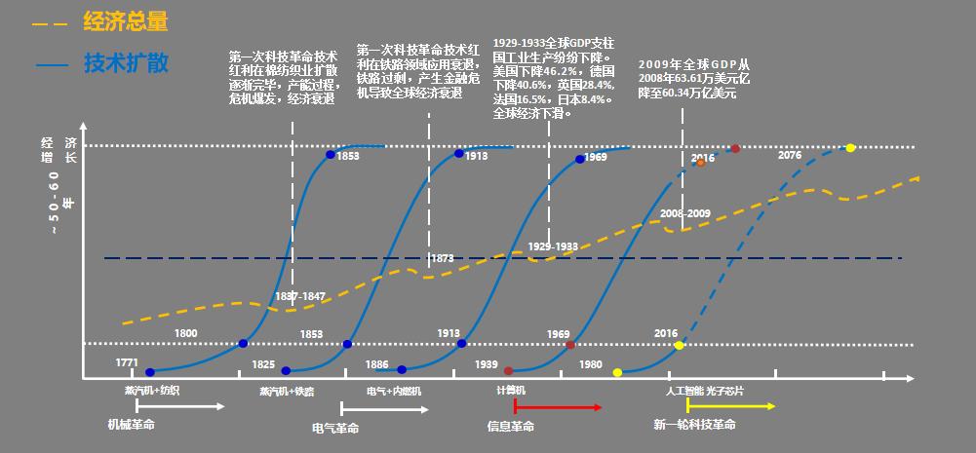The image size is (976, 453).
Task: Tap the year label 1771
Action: (x=127, y=362)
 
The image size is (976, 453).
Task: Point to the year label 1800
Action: (x=185, y=334)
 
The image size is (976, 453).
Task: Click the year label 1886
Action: (x=376, y=363)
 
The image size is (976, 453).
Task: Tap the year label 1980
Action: (x=591, y=363)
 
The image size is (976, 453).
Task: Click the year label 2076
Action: (x=790, y=155)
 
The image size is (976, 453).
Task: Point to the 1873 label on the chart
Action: (x=441, y=258)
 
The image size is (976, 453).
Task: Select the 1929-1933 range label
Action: (x=553, y=246)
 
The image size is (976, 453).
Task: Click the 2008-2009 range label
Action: (x=685, y=212)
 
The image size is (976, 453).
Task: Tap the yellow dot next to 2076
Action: (x=850, y=148)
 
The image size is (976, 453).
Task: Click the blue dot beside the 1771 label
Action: (x=150, y=372)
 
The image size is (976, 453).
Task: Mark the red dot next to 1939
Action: (x=508, y=371)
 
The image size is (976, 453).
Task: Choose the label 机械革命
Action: (x=132, y=425)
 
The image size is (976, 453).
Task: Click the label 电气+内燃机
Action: (x=394, y=391)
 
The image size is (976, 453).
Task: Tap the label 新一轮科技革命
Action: (x=694, y=425)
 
